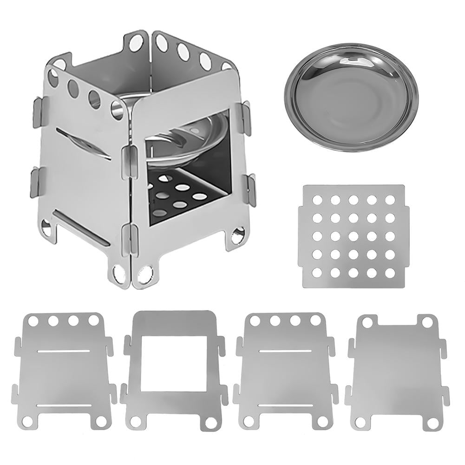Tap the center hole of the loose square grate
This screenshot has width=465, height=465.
(x=353, y=236)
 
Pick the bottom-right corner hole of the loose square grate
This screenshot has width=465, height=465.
(x=389, y=272)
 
